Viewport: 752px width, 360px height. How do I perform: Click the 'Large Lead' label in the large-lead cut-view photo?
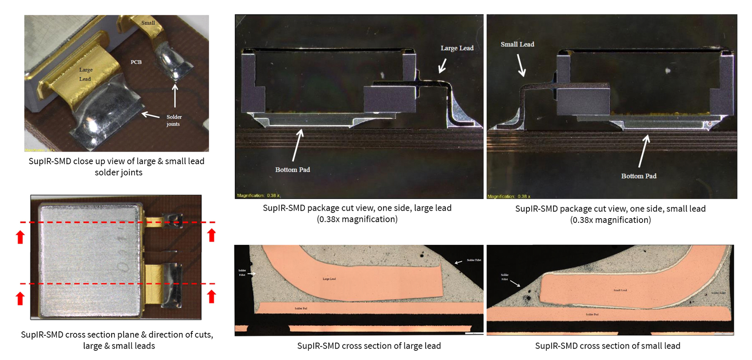[x=457, y=48]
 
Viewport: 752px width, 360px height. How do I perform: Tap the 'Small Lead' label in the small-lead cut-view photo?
[x=517, y=44]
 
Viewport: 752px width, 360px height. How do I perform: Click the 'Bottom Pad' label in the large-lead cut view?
[x=292, y=170]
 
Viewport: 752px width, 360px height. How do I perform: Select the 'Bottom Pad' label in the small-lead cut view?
[x=638, y=176]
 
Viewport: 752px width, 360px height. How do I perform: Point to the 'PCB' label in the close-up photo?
[x=136, y=62]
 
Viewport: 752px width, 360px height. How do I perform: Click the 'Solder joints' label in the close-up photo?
[x=174, y=120]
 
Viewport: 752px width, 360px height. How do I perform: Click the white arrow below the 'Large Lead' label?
[x=443, y=66]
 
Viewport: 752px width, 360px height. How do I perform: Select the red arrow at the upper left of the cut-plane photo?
[x=20, y=237]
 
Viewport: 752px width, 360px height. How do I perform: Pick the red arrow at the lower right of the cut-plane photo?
[x=211, y=296]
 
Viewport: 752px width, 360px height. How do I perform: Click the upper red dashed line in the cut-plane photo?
[x=117, y=222]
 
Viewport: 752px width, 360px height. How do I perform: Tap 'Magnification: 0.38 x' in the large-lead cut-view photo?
[x=258, y=195]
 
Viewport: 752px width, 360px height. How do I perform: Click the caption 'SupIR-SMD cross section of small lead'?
[x=607, y=346]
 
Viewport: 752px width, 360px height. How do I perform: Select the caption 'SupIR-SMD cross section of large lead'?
[x=369, y=346]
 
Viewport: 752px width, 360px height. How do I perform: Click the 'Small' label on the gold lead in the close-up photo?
[x=148, y=23]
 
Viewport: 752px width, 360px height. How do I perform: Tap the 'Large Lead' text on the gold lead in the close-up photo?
[x=85, y=74]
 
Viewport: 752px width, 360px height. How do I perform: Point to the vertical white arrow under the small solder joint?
[x=175, y=96]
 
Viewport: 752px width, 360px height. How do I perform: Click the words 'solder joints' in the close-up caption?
[x=118, y=172]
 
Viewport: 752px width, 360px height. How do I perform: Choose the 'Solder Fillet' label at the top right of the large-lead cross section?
[x=474, y=260]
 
